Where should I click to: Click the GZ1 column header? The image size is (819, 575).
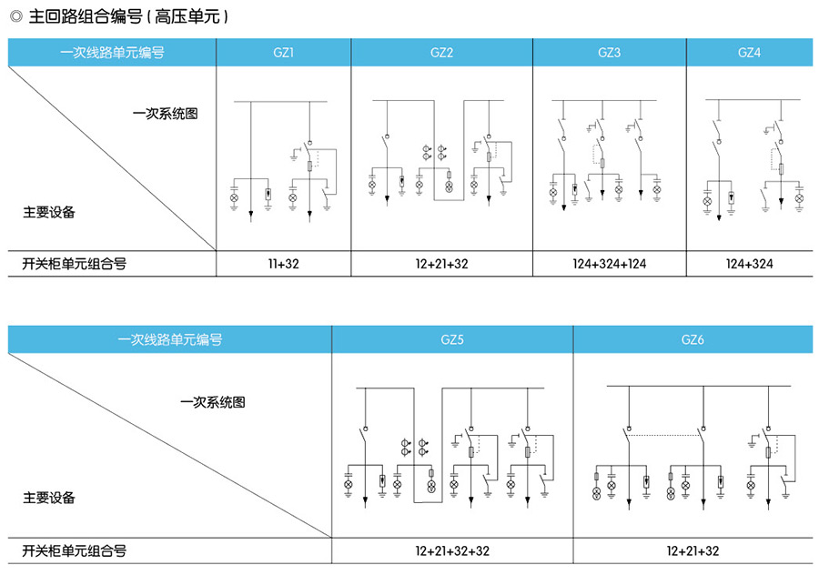[x=283, y=53]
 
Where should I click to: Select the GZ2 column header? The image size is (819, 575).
[x=441, y=53]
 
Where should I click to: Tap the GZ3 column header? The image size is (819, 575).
[x=610, y=53]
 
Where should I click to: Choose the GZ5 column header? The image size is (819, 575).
[x=452, y=340]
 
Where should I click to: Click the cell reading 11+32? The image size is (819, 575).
[x=283, y=264]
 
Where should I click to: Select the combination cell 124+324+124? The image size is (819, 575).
[x=610, y=264]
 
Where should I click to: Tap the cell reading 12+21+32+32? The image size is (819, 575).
[x=452, y=550]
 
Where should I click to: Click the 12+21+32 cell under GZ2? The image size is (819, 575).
[x=441, y=264]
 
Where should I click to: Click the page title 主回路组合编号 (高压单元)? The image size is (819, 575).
[x=127, y=16]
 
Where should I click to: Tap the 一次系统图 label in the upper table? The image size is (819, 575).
[x=165, y=114]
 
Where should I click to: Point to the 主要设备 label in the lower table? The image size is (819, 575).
[x=49, y=498]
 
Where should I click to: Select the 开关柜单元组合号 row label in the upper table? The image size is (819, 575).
[x=74, y=264]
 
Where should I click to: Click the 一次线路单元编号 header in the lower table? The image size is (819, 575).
[x=170, y=340]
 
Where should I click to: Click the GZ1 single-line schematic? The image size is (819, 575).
[x=283, y=159]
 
